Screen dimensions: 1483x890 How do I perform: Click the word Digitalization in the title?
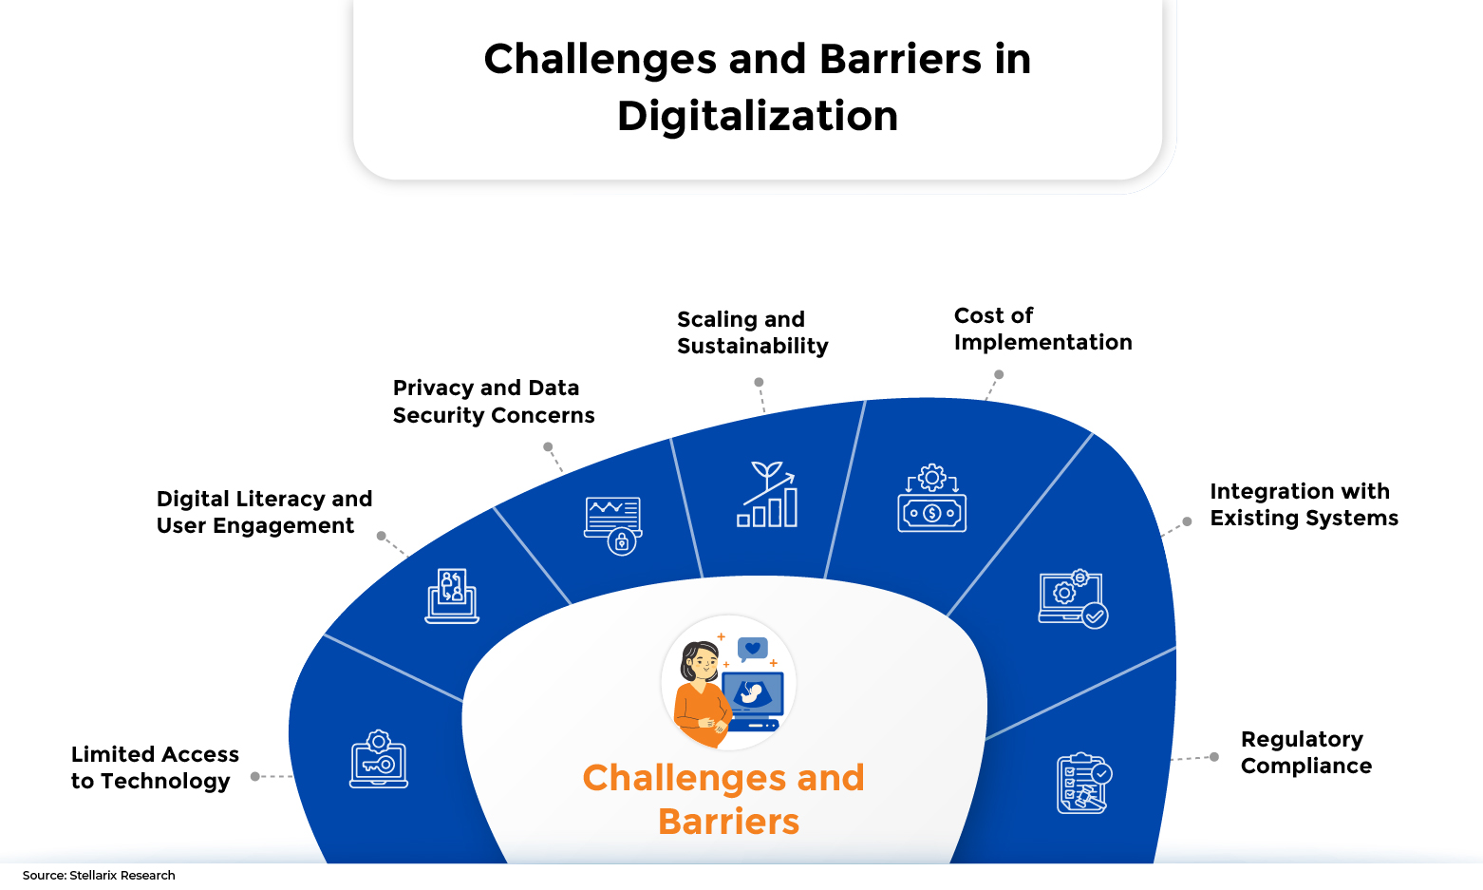758,116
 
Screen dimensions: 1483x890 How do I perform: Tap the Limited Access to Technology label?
155,767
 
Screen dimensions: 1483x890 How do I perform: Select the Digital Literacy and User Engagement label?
264,512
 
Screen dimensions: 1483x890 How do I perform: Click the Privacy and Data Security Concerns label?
494,401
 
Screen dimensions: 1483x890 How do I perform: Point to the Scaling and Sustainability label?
752,332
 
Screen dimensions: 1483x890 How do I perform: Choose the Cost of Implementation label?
1042,329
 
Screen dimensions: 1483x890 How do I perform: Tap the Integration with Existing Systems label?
1304,504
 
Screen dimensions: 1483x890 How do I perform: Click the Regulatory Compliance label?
1305,752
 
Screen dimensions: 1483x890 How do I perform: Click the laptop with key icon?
379,759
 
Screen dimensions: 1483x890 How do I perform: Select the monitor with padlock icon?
613,526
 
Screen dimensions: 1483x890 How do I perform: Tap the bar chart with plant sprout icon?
767,495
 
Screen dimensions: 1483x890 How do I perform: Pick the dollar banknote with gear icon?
931,498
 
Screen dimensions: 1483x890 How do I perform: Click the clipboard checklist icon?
1084,783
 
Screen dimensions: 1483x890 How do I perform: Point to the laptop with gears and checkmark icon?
1073,598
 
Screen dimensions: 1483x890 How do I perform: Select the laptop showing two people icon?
452,596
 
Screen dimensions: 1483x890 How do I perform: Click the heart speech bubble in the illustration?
752,649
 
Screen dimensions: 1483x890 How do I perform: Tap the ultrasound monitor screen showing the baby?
753,693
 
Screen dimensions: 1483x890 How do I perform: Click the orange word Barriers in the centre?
729,821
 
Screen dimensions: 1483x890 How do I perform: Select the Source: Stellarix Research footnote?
99,876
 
